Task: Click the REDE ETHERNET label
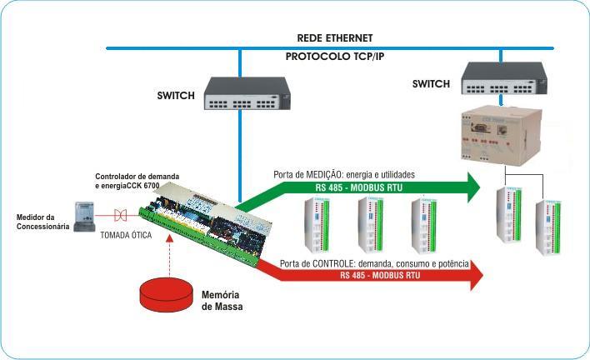[335, 37]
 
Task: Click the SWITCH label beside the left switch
[176, 96]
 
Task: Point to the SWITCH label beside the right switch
[432, 83]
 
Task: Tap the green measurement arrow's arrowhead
[473, 187]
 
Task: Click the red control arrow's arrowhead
[475, 275]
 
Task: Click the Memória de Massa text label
[222, 301]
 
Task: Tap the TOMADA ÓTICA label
[127, 236]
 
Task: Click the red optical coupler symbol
[122, 213]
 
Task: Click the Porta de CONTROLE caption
[374, 263]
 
